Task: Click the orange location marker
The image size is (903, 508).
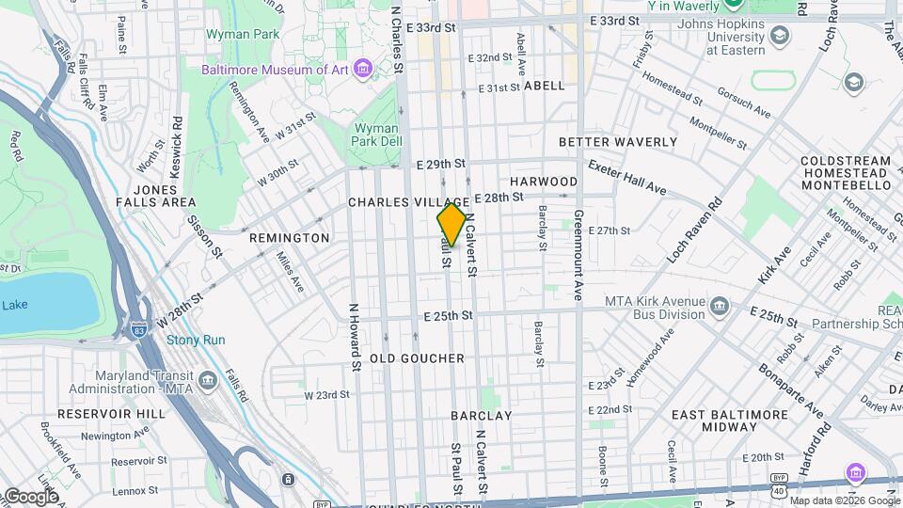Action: [451, 224]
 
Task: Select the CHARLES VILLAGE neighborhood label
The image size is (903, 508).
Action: [408, 202]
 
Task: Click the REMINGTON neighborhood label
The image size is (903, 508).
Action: [290, 238]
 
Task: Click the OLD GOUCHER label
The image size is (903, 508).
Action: [418, 358]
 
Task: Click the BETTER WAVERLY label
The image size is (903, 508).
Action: [618, 142]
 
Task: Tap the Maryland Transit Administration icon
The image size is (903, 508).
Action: [208, 380]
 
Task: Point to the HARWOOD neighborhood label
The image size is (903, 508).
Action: [544, 181]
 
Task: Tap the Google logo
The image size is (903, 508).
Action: [30, 497]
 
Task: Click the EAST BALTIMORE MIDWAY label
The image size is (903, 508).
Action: [730, 421]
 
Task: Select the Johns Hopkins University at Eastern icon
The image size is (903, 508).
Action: [780, 37]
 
